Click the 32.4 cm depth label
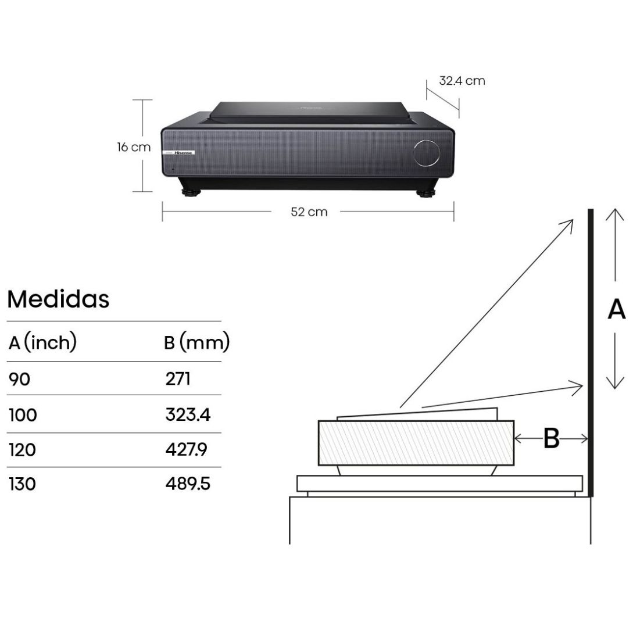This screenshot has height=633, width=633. (462, 81)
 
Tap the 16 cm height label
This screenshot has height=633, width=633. (134, 147)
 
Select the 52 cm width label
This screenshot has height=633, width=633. (309, 212)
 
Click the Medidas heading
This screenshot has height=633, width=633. (58, 299)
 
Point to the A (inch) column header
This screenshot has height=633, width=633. (43, 342)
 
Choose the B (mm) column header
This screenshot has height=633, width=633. (197, 342)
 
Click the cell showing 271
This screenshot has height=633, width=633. (177, 379)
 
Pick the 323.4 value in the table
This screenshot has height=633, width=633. (187, 415)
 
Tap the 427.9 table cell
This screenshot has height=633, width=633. (187, 450)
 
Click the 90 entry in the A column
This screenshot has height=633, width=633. (19, 380)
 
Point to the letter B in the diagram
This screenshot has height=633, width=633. (551, 439)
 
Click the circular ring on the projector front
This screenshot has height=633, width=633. (427, 152)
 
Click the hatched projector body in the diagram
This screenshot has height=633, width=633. (416, 442)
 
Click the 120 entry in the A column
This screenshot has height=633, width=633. (23, 450)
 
